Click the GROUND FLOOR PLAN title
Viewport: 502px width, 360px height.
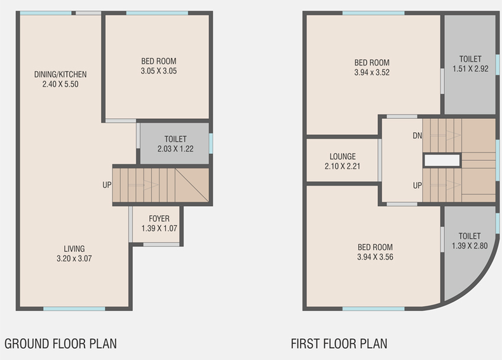pos(60,343)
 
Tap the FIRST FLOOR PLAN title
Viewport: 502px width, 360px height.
pos(339,343)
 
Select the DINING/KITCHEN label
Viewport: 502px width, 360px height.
pos(60,74)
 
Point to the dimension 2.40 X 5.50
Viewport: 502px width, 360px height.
pos(60,85)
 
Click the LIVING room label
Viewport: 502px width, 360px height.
pos(74,249)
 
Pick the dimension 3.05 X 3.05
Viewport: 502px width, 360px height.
pos(159,71)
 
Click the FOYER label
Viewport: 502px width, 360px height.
pos(159,219)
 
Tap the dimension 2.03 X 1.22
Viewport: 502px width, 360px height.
pos(175,149)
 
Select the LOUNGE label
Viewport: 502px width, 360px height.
pos(343,156)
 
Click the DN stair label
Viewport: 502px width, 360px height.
pos(417,136)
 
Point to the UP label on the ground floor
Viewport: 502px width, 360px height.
pos(107,185)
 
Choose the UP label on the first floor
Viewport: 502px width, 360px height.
pos(417,185)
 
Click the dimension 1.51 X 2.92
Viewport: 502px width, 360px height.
pos(470,69)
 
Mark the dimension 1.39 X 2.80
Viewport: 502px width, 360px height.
pos(470,246)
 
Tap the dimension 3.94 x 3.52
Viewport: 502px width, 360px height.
pos(372,73)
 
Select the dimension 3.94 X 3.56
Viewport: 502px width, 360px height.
pos(375,257)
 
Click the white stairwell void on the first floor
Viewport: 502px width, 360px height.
pos(442,160)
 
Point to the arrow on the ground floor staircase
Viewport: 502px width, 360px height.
pos(143,185)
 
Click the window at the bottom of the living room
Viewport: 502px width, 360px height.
pos(74,309)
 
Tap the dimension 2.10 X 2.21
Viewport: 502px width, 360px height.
pos(343,167)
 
